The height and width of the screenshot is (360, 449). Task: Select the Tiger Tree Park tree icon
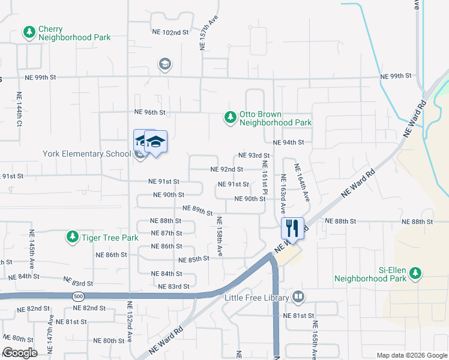72,238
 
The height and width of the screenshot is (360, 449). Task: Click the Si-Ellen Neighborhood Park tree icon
415,274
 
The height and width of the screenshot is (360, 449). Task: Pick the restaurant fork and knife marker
292,228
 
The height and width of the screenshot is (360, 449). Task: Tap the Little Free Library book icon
298,297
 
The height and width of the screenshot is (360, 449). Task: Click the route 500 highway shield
78,296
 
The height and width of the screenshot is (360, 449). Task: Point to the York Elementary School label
86,154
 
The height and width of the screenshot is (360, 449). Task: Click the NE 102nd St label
170,32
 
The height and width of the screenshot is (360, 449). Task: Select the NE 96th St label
149,112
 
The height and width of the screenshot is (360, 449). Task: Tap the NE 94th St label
289,143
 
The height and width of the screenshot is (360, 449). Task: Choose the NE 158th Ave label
220,236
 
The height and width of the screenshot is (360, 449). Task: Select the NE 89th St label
197,210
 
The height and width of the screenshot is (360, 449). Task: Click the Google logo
20,353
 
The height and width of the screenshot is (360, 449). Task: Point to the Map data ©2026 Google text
412,355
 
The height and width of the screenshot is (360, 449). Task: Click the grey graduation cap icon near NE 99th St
164,64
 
